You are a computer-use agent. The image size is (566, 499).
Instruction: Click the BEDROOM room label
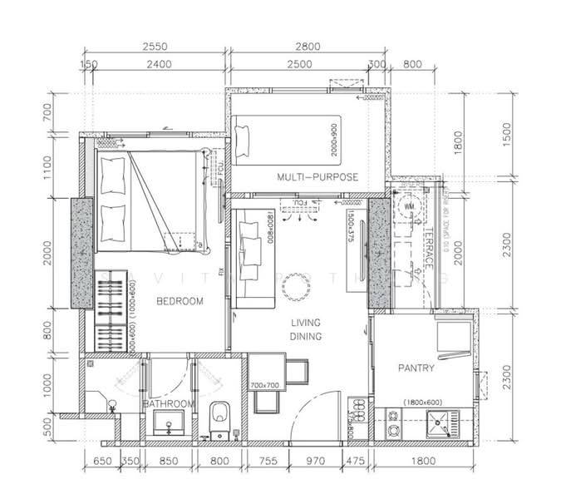(x=180, y=301)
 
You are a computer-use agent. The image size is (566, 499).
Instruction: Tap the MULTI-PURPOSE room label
(x=317, y=177)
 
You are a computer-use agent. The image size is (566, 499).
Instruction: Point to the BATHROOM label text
(x=169, y=404)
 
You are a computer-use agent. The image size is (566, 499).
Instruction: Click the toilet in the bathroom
(x=219, y=413)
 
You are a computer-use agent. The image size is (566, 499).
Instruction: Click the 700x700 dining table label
(x=265, y=386)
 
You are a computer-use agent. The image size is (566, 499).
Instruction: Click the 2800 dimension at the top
(x=306, y=47)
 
